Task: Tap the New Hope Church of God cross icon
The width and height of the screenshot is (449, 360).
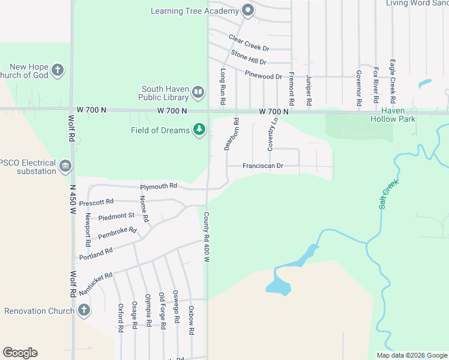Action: pos(58,71)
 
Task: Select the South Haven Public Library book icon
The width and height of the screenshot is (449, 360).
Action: pos(198,92)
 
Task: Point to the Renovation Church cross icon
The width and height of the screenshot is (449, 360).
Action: pos(84,310)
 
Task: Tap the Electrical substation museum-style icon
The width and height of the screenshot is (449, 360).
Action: pos(65,166)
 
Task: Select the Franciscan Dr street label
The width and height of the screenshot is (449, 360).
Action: pos(263,166)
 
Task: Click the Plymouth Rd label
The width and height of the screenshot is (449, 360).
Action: pos(159,186)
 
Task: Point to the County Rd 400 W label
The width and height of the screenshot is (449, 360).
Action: pos(206,237)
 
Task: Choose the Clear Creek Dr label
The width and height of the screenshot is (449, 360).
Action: pos(249,42)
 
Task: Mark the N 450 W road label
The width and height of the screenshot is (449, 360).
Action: pos(73,200)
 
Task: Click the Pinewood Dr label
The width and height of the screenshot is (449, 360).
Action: pos(264,76)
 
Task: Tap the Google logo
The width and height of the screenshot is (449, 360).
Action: pos(20,353)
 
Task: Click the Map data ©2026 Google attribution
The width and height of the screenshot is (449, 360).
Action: pos(412,355)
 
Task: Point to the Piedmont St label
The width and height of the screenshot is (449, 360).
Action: pos(116,215)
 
